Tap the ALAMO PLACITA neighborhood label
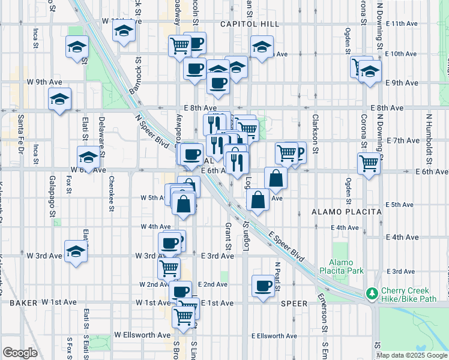tap(347, 212)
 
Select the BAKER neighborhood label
tap(23, 304)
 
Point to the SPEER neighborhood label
tap(294, 304)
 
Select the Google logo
tap(20, 353)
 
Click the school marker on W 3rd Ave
tap(76, 252)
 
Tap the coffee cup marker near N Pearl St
tap(262, 286)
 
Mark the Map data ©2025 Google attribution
tap(411, 355)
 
